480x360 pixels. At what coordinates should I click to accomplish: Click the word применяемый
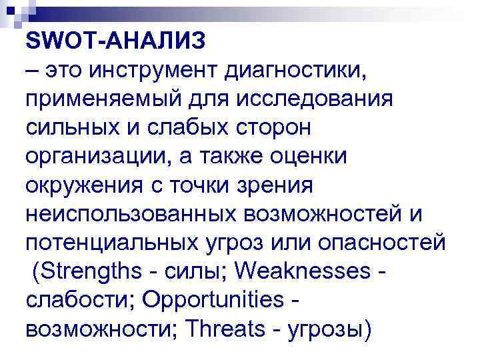point(99,99)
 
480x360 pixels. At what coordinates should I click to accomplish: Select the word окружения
point(84,185)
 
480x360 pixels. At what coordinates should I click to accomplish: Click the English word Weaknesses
point(301,271)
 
